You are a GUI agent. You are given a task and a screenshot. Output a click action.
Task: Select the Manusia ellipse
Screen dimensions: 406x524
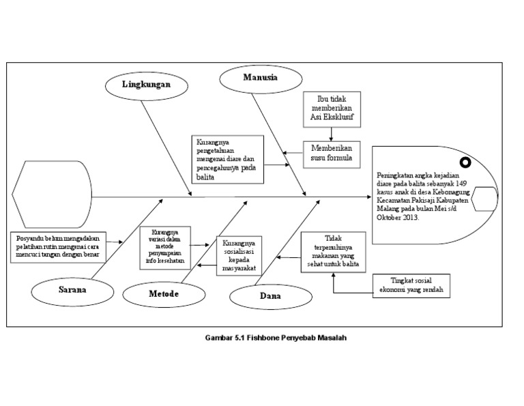(x=260, y=78)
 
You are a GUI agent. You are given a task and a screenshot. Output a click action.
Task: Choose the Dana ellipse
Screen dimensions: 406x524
(x=270, y=297)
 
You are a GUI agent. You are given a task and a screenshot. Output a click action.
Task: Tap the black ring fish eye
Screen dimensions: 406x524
(x=465, y=162)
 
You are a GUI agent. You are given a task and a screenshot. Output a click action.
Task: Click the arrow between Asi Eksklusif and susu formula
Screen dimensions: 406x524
(x=331, y=136)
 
